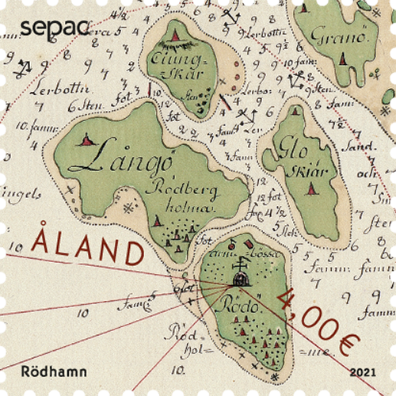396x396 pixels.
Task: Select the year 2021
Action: pyautogui.click(x=364, y=371)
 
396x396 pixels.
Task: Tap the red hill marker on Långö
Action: pyautogui.click(x=86, y=140)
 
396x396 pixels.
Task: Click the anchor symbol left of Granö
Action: pyautogui.click(x=297, y=79)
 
